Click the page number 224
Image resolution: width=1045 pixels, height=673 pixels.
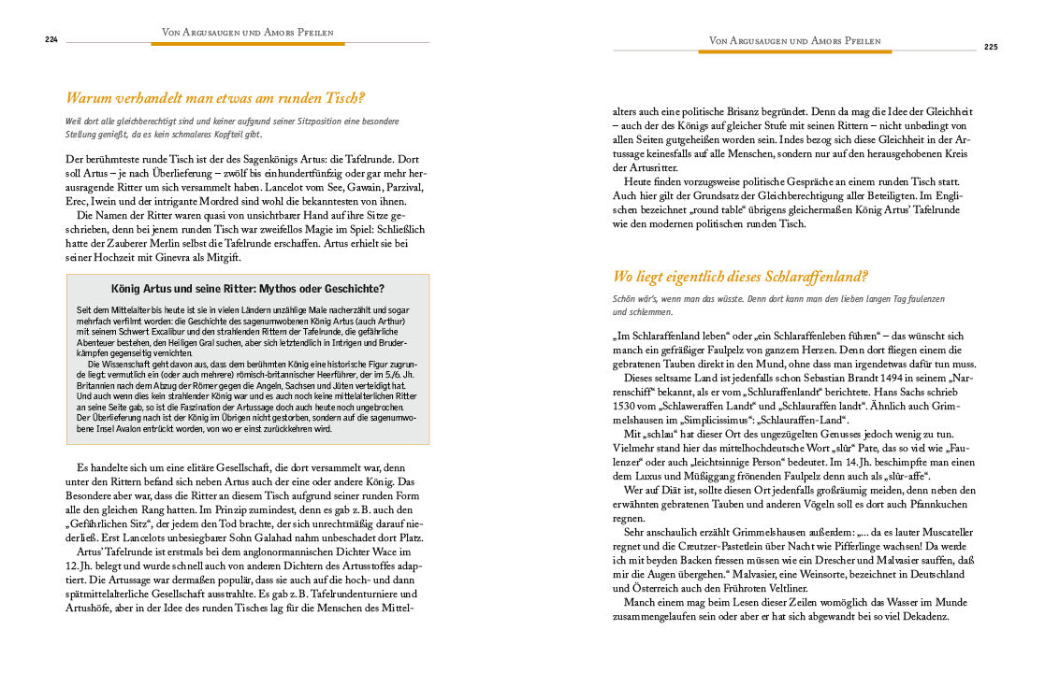(51, 39)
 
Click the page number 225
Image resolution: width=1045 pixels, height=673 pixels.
(992, 47)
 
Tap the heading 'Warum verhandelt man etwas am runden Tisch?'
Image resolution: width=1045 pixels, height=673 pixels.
(215, 98)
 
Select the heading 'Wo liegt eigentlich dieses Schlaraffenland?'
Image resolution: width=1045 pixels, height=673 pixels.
(740, 277)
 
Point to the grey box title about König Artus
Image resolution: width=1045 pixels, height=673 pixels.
(248, 288)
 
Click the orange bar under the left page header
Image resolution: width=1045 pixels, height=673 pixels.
(248, 43)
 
